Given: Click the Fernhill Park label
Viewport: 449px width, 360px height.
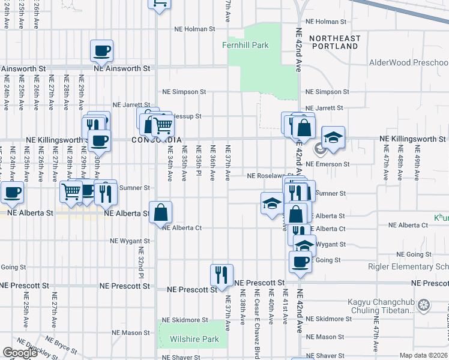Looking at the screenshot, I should tap(246, 46).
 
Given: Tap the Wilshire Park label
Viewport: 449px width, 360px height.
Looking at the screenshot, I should tap(190, 339).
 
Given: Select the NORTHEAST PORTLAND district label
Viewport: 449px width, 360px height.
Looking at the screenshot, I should tap(335, 42).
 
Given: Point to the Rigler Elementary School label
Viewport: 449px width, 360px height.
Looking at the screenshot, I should tap(414, 268).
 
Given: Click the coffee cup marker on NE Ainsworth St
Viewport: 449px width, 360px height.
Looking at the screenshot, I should tap(101, 50).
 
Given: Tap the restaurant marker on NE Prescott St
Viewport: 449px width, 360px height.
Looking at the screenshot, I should tap(221, 275).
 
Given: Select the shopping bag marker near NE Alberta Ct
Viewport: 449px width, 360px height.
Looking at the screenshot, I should tap(161, 212).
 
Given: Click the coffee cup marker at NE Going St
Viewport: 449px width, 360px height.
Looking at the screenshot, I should tap(300, 262).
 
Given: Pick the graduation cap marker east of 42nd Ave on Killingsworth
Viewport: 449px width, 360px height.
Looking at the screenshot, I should tap(333, 137).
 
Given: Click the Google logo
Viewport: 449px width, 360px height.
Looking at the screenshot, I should tap(20, 353).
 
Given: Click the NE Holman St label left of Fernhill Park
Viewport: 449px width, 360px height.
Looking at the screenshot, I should tap(194, 29).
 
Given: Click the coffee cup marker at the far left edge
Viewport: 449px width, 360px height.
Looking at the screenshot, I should tap(12, 192).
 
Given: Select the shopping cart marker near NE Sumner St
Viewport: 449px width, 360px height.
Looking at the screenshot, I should tap(71, 192).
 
